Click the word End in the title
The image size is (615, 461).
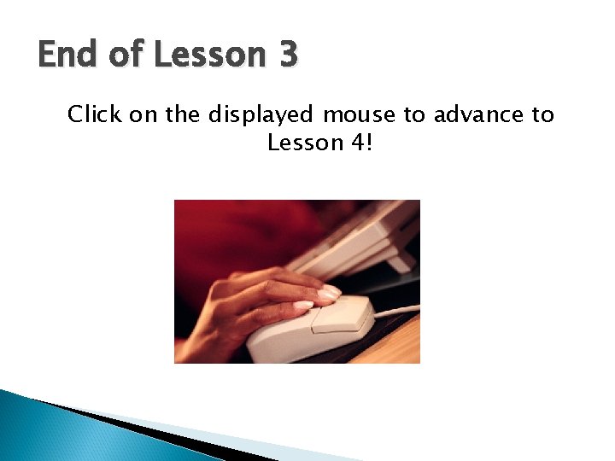[68, 55]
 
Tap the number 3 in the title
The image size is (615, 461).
[287, 55]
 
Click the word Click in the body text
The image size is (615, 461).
[95, 114]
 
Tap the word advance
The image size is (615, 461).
[471, 114]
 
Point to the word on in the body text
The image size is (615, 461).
[143, 114]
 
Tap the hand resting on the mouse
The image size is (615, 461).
[256, 299]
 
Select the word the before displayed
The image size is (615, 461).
[182, 114]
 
